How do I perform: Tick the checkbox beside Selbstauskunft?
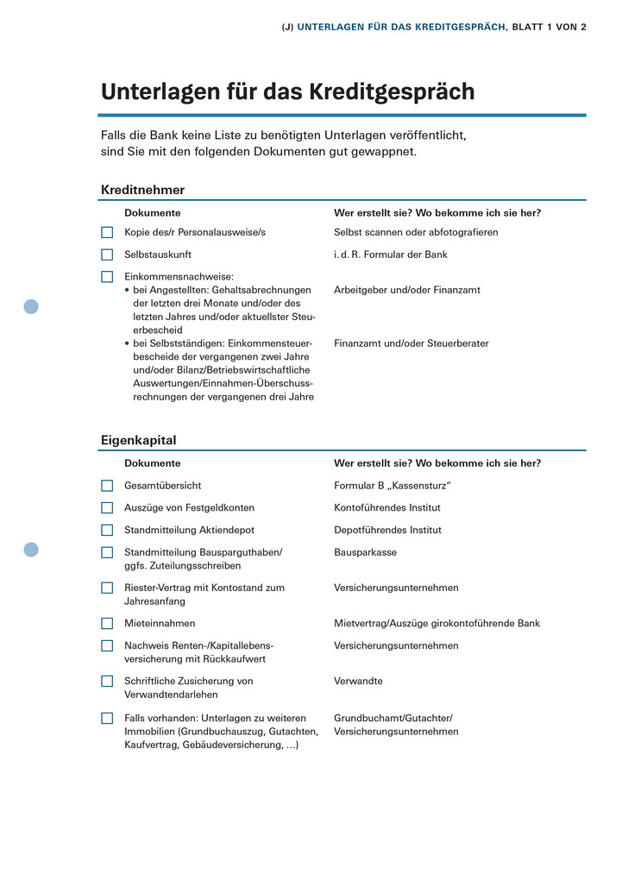point(107,255)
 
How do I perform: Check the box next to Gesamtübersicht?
point(107,486)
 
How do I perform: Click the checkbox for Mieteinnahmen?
point(107,623)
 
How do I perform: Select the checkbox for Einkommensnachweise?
point(107,277)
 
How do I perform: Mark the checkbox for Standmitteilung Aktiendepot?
point(107,530)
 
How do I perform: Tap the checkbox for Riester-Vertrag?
point(107,588)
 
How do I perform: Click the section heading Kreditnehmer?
point(142,190)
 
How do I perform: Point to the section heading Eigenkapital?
point(138,440)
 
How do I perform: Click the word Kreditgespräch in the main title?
point(396,91)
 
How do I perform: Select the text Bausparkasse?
point(366,552)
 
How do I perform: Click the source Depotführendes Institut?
point(387,530)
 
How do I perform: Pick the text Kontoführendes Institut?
point(387,507)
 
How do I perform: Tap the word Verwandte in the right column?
point(358,681)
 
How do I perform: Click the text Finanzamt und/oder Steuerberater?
point(412,343)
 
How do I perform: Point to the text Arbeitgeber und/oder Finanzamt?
point(407,290)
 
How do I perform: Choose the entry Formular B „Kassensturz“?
point(393,486)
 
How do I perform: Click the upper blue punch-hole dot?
point(31,306)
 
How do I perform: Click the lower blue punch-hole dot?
point(31,550)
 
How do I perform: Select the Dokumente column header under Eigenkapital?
point(153,463)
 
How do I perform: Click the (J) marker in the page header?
point(288,27)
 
